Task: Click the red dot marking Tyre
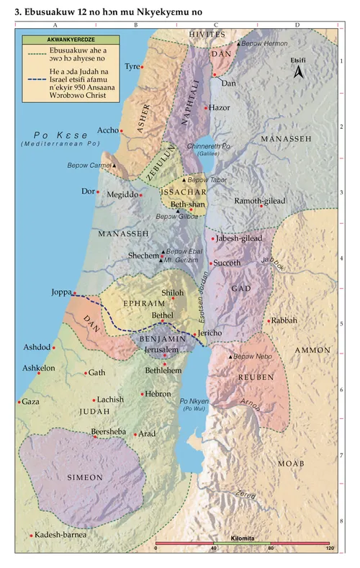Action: tap(143, 67)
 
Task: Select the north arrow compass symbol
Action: tap(302, 72)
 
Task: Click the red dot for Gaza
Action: tap(19, 402)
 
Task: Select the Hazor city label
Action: tap(220, 107)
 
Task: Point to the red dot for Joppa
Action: tap(74, 293)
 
